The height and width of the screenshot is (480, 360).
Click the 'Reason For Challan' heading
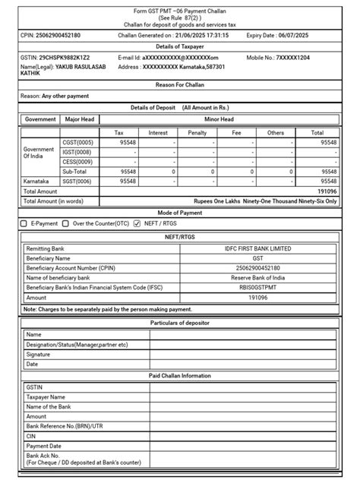180,85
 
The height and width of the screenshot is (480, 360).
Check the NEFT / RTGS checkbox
137,224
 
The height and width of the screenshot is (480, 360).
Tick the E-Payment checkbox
24,224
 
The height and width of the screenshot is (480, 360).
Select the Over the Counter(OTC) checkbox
66,224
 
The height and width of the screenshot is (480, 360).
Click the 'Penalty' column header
197,132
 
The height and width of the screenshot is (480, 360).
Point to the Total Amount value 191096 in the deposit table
327,192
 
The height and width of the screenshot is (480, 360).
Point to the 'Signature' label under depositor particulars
39,354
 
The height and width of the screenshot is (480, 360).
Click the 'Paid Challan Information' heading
180,376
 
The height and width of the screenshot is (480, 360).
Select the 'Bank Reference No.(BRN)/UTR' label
65,427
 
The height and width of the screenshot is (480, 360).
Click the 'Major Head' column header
80,119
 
